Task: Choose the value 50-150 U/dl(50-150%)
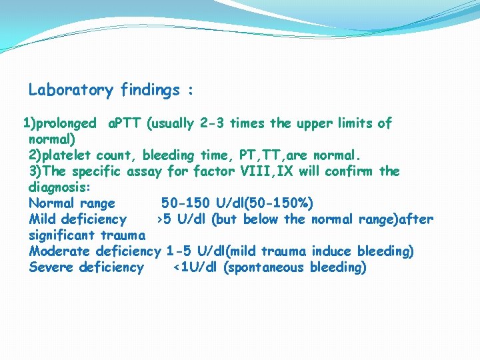(237, 203)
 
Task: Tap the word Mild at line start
(43, 219)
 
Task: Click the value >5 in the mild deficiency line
(163, 219)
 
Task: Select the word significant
(63, 235)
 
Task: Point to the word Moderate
(60, 251)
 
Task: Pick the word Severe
(51, 267)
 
